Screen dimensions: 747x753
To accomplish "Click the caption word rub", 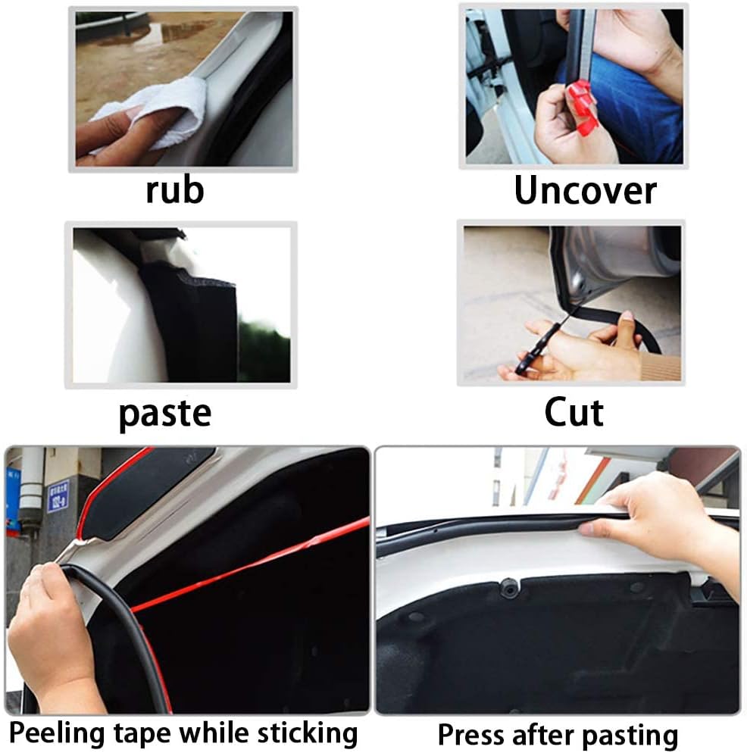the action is tap(175, 190).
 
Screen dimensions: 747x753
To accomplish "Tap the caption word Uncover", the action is tap(585, 191).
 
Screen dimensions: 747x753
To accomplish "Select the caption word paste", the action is tap(164, 414).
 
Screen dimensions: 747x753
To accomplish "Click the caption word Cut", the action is tap(574, 413).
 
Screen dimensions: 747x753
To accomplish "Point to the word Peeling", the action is tap(57, 734).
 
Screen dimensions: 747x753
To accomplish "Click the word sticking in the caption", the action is tap(308, 733).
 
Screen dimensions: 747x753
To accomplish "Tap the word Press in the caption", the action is tap(469, 735).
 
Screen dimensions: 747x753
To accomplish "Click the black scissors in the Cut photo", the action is tap(540, 342).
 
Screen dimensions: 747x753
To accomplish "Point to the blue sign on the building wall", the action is tap(58, 496).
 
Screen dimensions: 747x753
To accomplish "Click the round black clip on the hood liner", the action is tap(508, 588).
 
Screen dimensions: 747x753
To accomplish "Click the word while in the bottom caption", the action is tap(214, 733).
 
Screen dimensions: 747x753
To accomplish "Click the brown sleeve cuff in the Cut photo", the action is tap(661, 366).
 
